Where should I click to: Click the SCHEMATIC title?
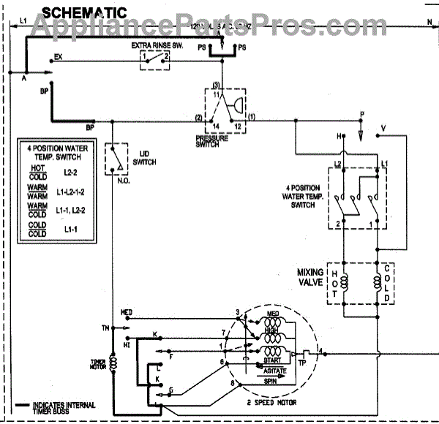pos(84,12)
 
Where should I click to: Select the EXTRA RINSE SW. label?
pos(155,45)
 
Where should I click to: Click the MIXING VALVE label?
pos(310,276)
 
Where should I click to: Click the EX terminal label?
pos(58,56)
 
